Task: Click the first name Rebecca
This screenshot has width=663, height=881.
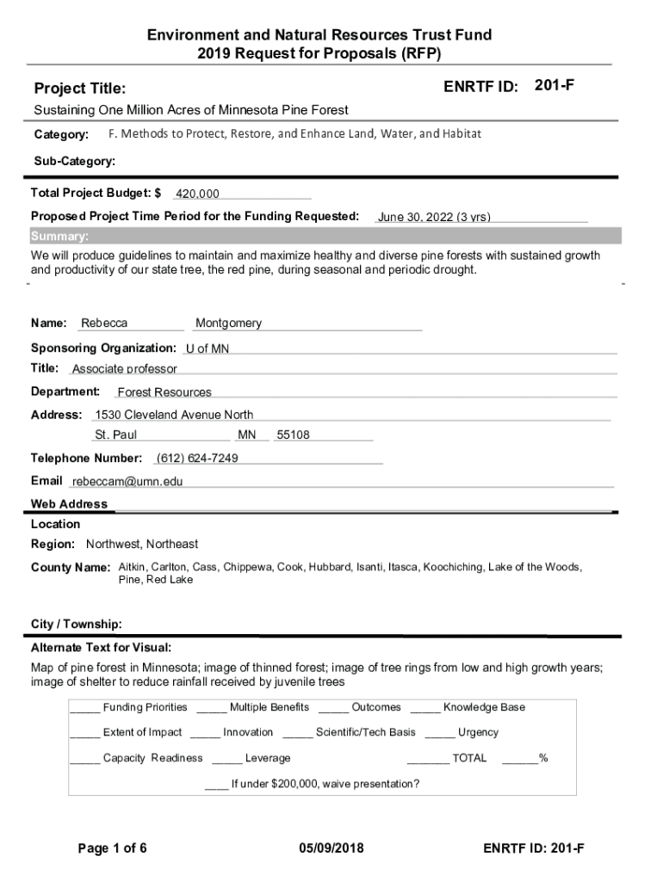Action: (104, 323)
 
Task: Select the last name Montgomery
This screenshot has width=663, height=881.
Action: (228, 323)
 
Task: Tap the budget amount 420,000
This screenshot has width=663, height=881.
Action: (197, 194)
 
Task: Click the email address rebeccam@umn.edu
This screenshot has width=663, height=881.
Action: (127, 482)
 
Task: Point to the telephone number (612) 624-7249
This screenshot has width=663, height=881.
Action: (197, 458)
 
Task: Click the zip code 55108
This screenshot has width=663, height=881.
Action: (293, 435)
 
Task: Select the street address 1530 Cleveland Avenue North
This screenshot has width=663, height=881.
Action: (174, 415)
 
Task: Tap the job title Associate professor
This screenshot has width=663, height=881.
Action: (124, 369)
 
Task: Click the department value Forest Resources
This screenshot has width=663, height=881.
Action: (164, 392)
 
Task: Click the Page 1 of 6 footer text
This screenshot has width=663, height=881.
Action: (112, 849)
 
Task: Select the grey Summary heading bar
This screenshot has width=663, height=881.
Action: (325, 237)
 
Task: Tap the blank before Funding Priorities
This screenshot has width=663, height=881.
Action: (84, 708)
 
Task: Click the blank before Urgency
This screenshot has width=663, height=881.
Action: (439, 733)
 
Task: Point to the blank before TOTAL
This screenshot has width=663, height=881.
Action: (427, 759)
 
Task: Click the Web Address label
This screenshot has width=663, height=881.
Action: (69, 504)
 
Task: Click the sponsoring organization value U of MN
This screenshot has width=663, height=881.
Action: (208, 348)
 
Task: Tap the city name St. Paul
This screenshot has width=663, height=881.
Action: (116, 435)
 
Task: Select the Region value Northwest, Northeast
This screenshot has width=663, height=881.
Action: (142, 544)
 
